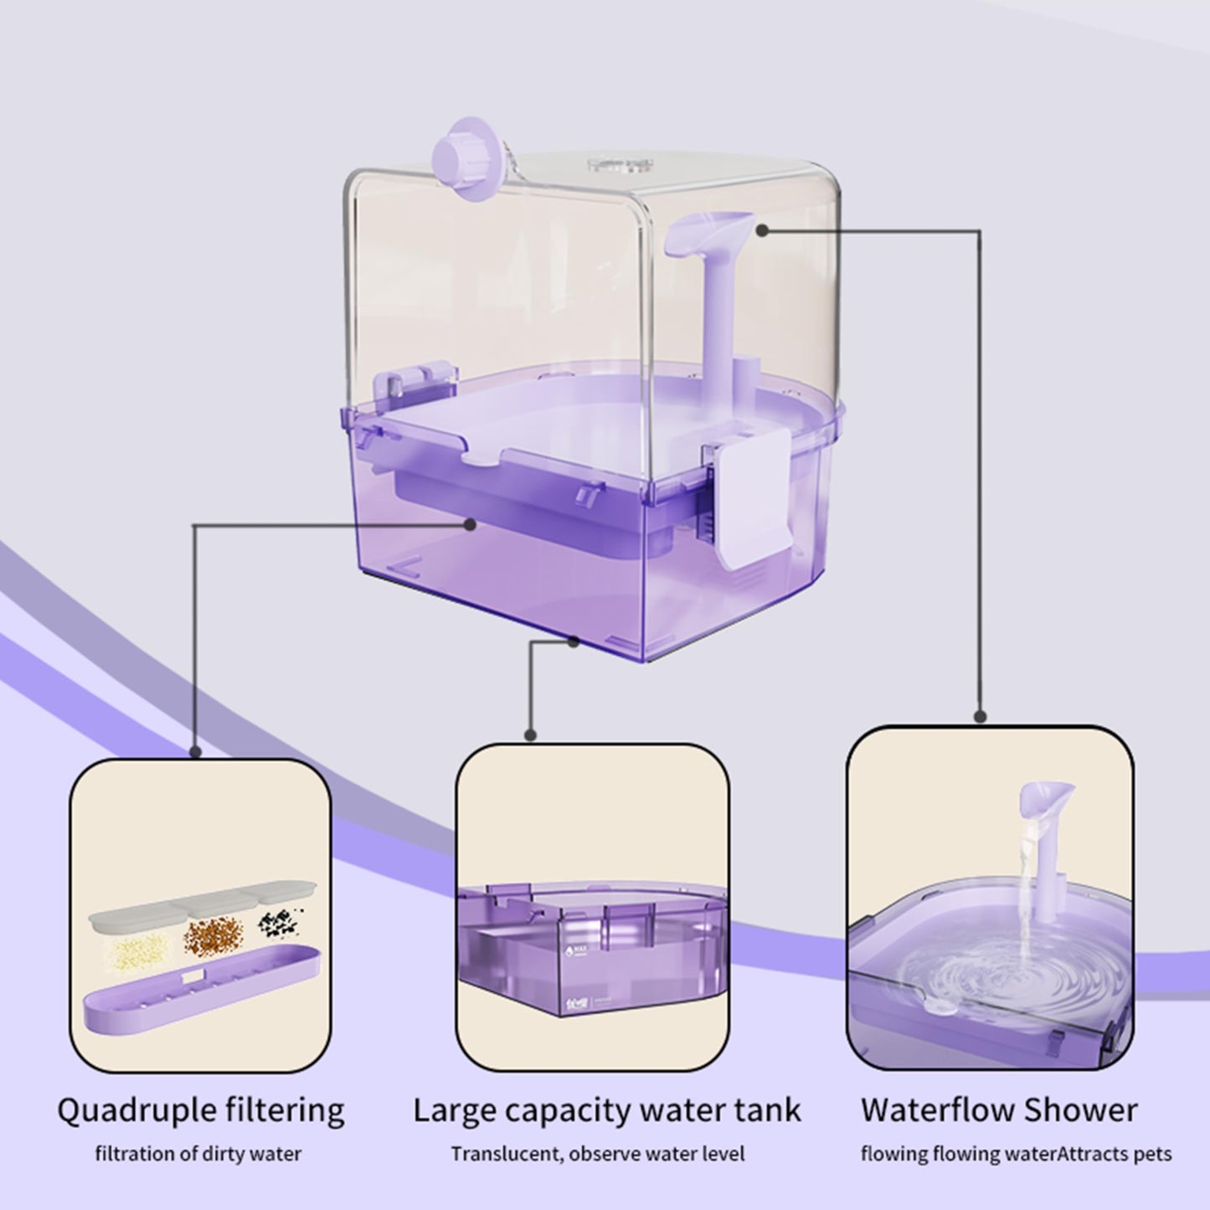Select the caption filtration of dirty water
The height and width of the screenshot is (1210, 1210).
coord(198,1154)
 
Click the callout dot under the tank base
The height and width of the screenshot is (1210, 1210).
coord(573,641)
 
